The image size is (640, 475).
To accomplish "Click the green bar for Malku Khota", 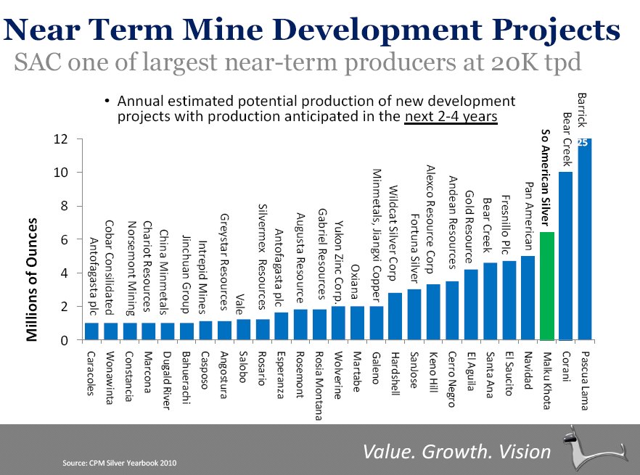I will click(547, 286).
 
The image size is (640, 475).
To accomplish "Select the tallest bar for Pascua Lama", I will click(585, 239).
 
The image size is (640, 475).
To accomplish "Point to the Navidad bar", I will click(528, 298).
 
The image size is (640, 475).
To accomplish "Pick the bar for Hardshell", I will click(395, 316).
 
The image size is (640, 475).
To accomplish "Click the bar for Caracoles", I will click(91, 331).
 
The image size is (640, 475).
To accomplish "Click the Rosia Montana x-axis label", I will click(319, 384).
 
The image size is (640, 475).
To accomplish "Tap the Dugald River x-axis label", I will click(166, 381).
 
